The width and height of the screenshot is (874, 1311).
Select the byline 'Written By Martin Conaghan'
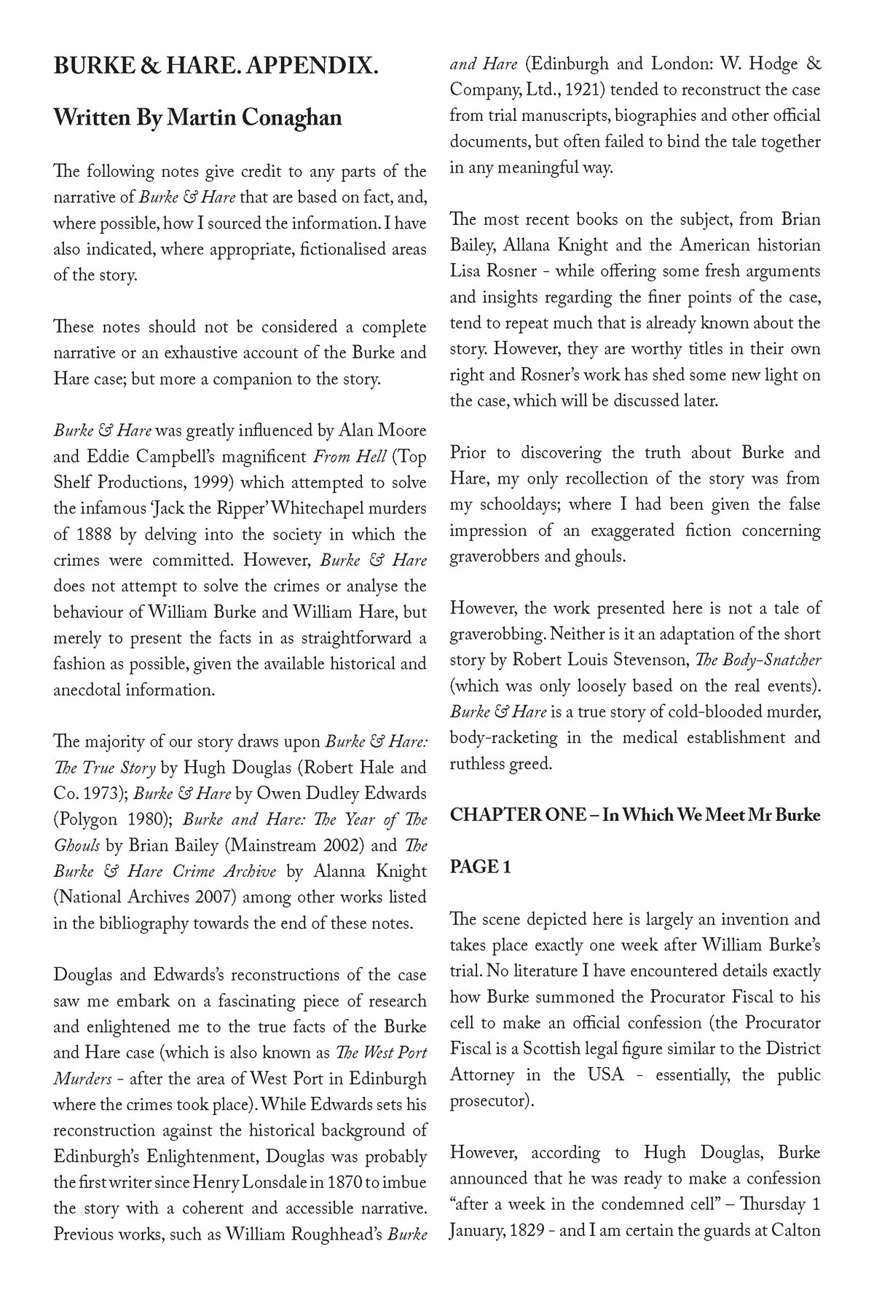197,117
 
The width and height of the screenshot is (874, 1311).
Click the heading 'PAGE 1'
480,867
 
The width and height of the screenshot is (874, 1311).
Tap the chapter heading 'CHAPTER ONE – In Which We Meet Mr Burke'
635,815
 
